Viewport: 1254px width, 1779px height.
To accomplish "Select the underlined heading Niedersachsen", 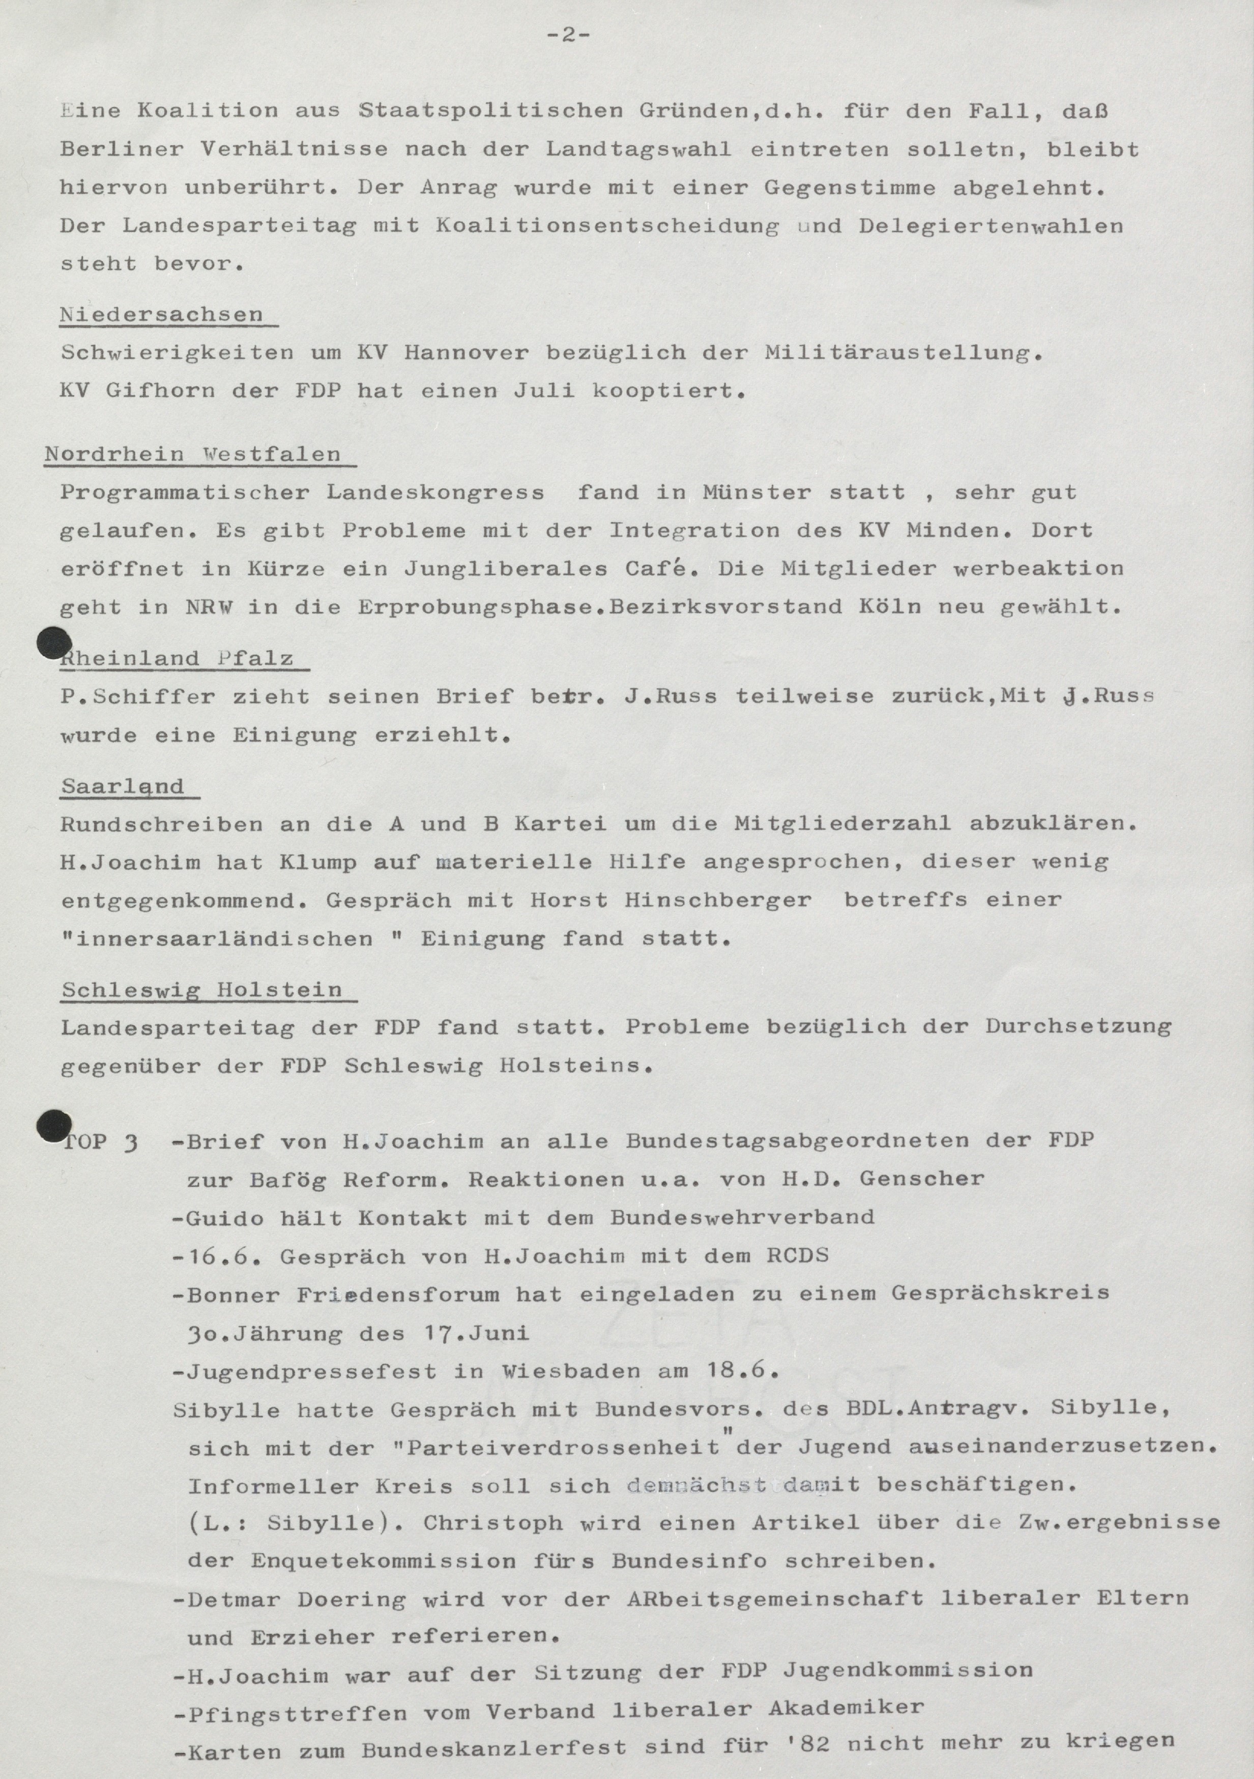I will (161, 315).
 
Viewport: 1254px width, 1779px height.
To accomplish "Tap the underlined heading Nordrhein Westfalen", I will (192, 454).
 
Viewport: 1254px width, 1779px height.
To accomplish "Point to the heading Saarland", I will (123, 787).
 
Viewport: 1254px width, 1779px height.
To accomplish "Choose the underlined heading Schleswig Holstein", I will (201, 990).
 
